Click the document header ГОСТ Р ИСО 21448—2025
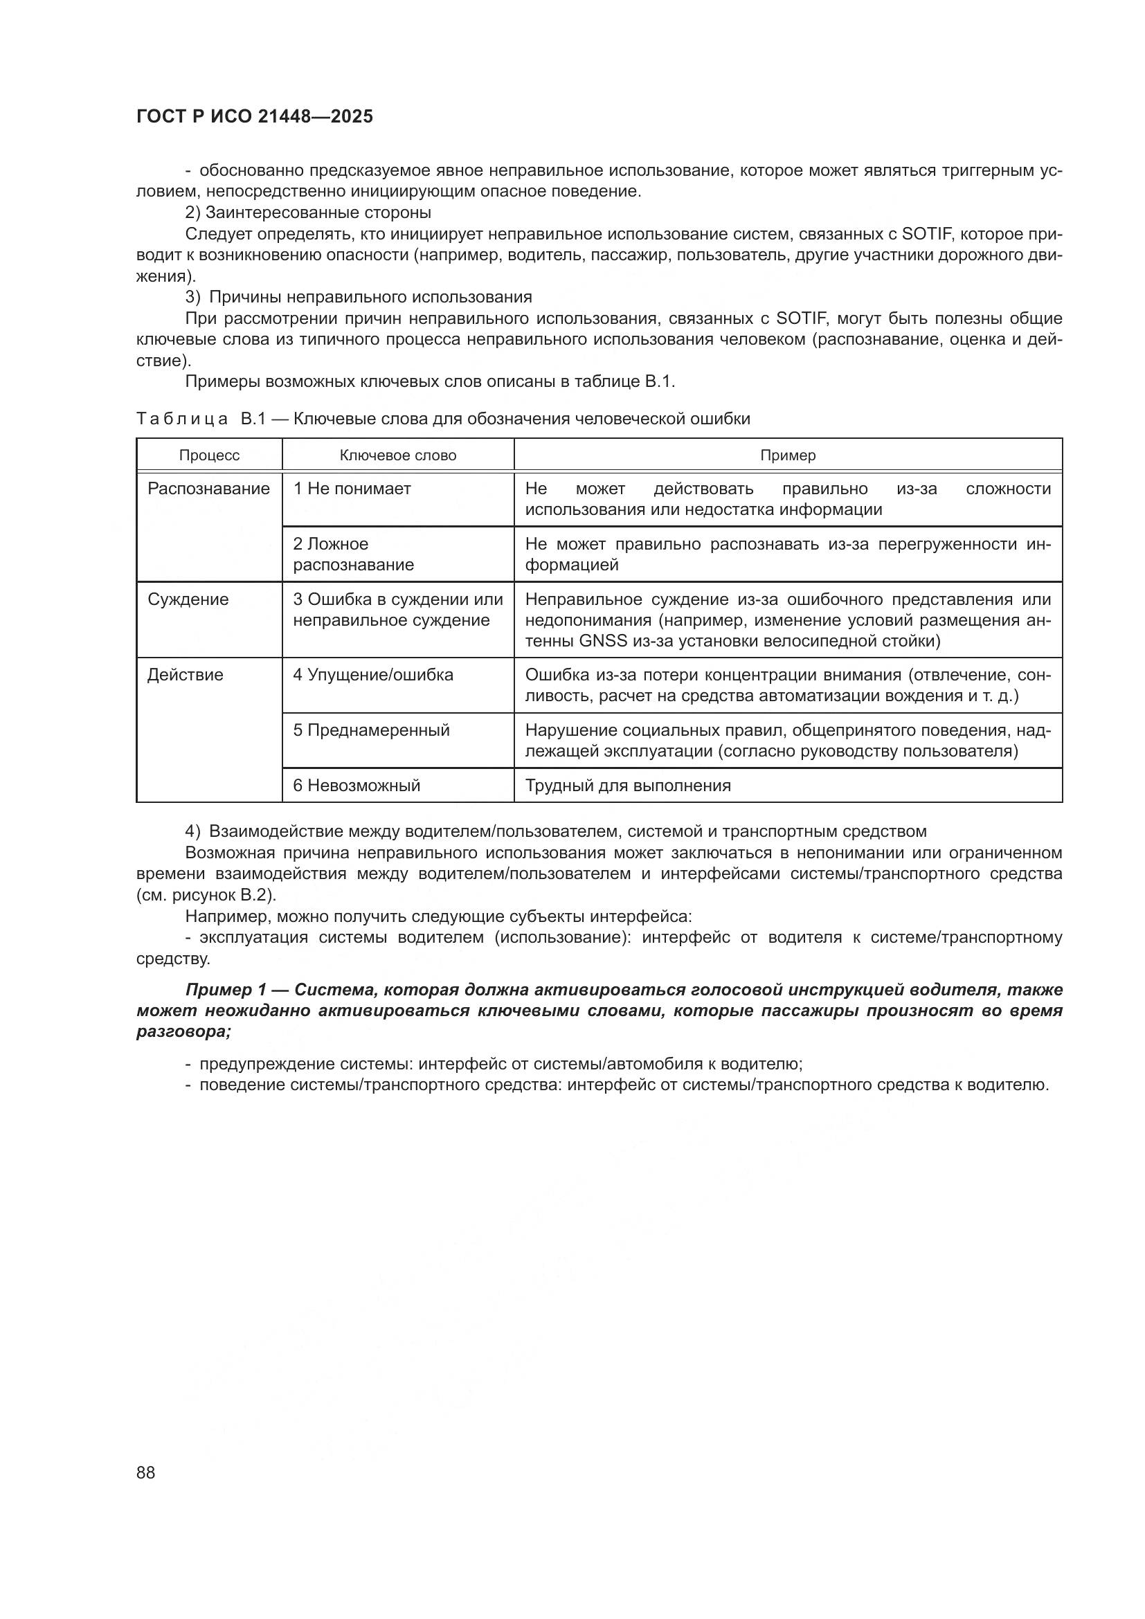[x=255, y=117]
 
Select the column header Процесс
[x=209, y=455]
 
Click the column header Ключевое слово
[x=397, y=455]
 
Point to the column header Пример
[x=788, y=455]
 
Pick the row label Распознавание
[x=208, y=489]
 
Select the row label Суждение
[x=188, y=599]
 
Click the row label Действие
[x=186, y=675]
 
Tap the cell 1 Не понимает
[x=352, y=489]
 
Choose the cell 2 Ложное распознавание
[x=353, y=554]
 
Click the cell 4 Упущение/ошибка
[x=373, y=675]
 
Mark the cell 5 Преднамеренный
[x=371, y=730]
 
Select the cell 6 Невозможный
[x=356, y=786]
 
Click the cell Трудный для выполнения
[x=627, y=786]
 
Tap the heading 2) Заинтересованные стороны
[x=308, y=212]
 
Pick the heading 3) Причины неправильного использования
[x=358, y=297]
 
